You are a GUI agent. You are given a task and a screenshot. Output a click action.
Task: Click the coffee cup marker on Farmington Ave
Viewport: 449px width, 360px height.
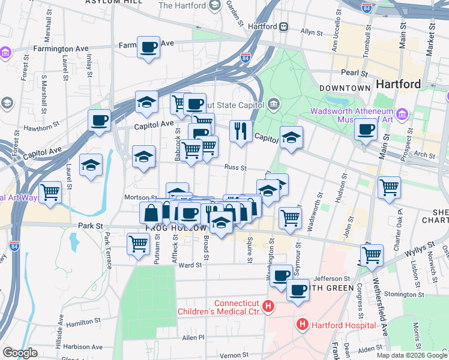(148, 47)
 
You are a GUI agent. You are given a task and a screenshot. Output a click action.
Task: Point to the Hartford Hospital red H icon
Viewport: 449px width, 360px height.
(303, 325)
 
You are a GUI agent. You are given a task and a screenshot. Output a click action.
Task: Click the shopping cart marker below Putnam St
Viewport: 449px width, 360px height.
(139, 244)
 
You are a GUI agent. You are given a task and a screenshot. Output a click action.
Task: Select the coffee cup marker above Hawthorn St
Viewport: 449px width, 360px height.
(99, 119)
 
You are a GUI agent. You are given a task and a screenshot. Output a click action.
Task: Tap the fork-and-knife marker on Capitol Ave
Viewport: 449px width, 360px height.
(241, 131)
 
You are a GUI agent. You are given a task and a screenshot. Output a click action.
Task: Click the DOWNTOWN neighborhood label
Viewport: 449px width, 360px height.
(345, 88)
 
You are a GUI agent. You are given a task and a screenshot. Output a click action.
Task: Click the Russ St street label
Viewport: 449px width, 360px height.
(236, 168)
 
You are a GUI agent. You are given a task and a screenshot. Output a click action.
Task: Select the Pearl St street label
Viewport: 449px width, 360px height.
(354, 73)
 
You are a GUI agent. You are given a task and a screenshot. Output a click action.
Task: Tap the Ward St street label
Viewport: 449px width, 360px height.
(189, 265)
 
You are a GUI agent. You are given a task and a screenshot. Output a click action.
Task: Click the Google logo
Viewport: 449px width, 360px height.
(20, 353)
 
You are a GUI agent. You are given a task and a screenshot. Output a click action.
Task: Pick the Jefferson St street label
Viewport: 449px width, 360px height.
(331, 278)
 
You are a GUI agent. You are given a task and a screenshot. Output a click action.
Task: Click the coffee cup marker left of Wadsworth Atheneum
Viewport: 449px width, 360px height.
(365, 128)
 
